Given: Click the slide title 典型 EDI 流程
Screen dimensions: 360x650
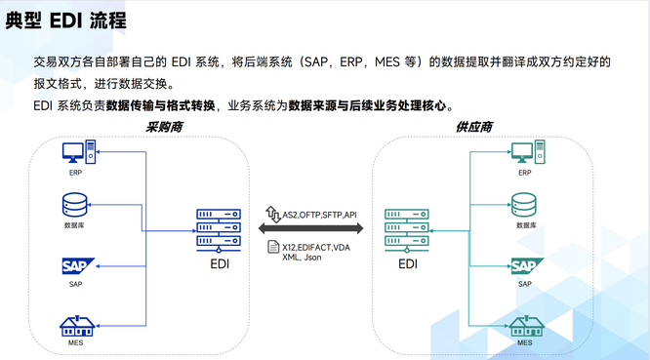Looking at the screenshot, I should tap(67, 20).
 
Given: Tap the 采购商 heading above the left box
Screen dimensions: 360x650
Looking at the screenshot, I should tap(165, 127).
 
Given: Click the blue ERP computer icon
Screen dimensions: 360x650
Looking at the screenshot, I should tap(77, 153).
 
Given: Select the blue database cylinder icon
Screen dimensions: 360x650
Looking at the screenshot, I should tap(74, 205).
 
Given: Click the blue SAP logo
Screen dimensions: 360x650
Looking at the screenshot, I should tap(75, 266).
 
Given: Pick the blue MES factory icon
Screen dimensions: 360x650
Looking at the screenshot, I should tap(75, 324).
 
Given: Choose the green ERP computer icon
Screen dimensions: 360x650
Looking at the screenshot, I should tap(525, 153).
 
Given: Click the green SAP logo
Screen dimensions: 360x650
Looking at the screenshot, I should tap(525, 266).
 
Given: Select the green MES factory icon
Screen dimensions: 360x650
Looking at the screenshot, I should tap(525, 325).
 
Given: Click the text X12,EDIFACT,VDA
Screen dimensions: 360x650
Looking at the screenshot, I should tap(315, 248).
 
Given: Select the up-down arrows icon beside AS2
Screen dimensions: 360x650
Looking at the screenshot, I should tap(273, 213).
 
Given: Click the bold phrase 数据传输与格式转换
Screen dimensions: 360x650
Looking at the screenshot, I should tap(161, 105).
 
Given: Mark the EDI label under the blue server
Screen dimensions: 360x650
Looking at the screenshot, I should tap(220, 263).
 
